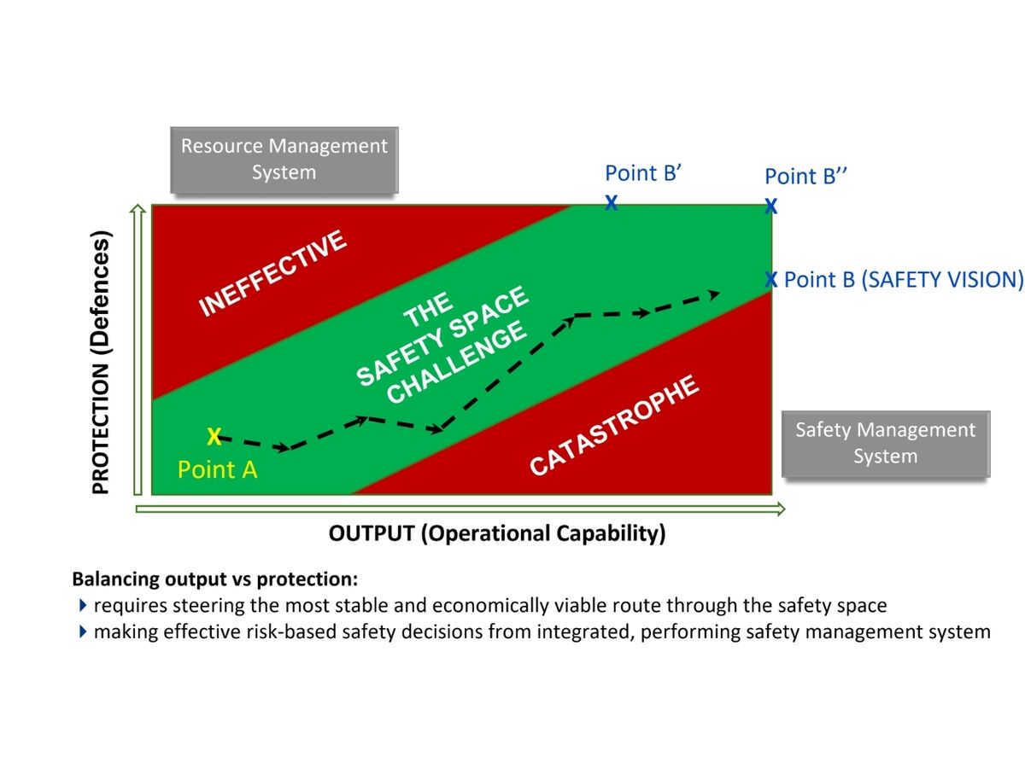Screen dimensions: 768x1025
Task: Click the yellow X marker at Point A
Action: pos(214,437)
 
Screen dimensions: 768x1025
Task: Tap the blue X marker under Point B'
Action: pos(612,202)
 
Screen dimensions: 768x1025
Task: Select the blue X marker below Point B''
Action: pos(770,206)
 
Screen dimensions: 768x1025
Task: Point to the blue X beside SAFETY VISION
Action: pos(770,279)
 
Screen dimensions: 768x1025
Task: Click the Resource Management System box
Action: pos(284,160)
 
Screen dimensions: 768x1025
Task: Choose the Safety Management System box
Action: pos(885,443)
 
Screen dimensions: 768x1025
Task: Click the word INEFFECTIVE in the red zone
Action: pos(273,273)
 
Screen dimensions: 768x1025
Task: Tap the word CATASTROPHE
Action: pos(614,426)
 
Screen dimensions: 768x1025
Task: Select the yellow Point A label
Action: pos(217,469)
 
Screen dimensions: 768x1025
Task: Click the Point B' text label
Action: pos(641,173)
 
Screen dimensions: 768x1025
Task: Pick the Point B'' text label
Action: pos(805,177)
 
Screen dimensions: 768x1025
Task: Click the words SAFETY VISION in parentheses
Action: pos(941,280)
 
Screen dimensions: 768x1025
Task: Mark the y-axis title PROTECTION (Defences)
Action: pos(102,363)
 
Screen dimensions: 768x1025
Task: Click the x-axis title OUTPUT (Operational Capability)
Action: pos(496,534)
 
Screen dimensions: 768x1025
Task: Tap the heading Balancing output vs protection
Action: pos(215,579)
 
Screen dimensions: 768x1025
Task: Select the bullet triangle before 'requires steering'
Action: pos(83,606)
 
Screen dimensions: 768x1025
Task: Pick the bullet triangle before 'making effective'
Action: pos(83,632)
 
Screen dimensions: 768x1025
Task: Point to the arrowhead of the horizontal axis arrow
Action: pos(779,509)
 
